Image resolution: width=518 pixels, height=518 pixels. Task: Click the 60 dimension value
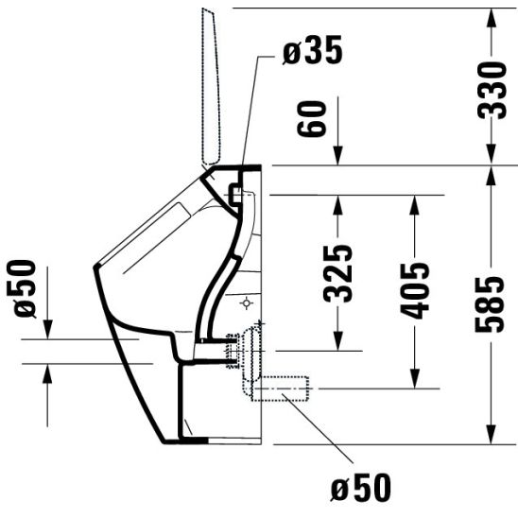tap(317, 120)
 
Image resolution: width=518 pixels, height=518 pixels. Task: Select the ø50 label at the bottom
tap(360, 488)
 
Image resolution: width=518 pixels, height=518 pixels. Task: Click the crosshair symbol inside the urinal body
tap(247, 304)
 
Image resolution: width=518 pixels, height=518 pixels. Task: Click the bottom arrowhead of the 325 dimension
tap(338, 336)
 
